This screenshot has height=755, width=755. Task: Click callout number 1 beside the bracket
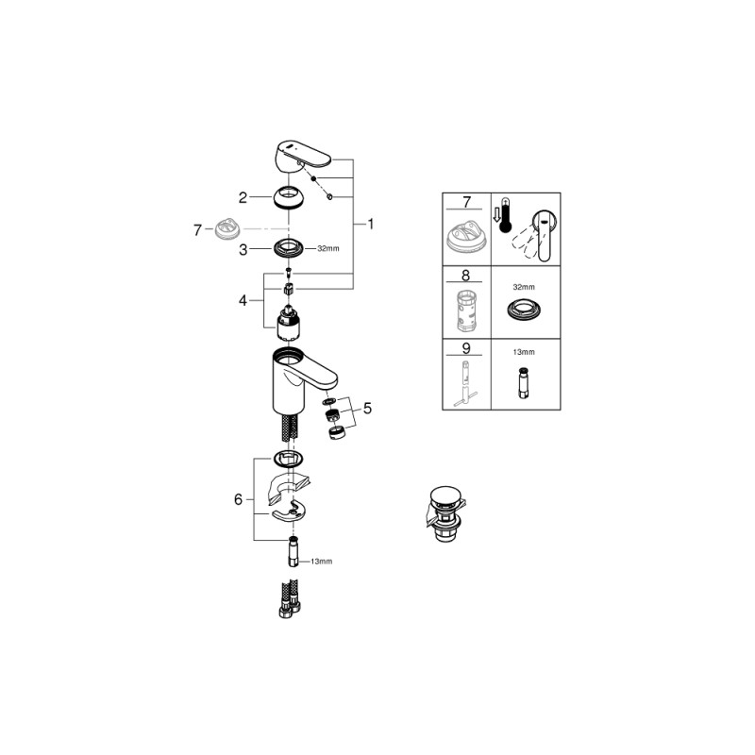click(x=370, y=224)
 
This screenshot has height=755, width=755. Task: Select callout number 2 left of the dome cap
click(x=243, y=197)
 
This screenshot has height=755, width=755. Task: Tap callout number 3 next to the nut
click(x=243, y=250)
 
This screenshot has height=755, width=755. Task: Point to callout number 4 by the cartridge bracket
click(x=243, y=300)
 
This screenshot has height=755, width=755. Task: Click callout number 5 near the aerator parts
click(x=367, y=409)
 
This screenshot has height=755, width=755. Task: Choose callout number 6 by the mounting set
click(x=239, y=500)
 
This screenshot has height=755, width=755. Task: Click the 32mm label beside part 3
click(x=327, y=248)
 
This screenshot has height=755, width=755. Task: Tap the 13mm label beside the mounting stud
click(x=321, y=562)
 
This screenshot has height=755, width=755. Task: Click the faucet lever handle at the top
click(x=304, y=155)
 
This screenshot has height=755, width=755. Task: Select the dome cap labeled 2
click(x=289, y=197)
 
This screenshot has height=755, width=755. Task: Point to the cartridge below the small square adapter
click(x=289, y=325)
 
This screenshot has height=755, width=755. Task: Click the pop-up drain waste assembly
click(x=445, y=513)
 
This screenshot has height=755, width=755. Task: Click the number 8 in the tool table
click(x=465, y=276)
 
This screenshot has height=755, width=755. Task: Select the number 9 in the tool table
click(x=465, y=348)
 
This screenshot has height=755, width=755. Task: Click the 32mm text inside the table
click(x=524, y=287)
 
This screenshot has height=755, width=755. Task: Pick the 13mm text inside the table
click(x=524, y=352)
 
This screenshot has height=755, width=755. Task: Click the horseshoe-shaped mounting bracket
click(x=289, y=512)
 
